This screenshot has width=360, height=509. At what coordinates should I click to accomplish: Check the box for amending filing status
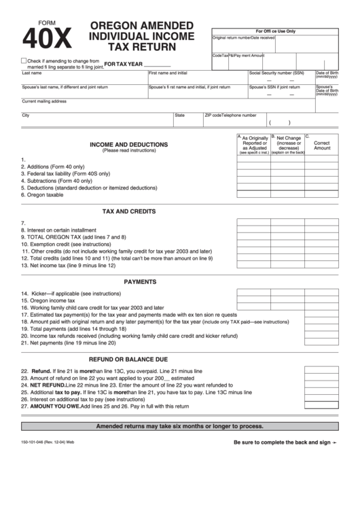[x=24, y=60]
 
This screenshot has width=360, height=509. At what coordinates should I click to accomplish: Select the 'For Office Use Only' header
[x=275, y=31]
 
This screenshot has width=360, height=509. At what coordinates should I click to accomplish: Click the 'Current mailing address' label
[x=44, y=101]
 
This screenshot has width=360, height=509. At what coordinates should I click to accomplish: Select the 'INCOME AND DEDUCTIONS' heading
[x=129, y=144]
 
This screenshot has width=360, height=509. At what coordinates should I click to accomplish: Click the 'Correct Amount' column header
[x=322, y=145]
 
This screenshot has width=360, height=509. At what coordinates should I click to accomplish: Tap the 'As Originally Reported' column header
[x=255, y=143]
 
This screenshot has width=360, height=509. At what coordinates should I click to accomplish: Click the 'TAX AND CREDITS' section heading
[x=129, y=211]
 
